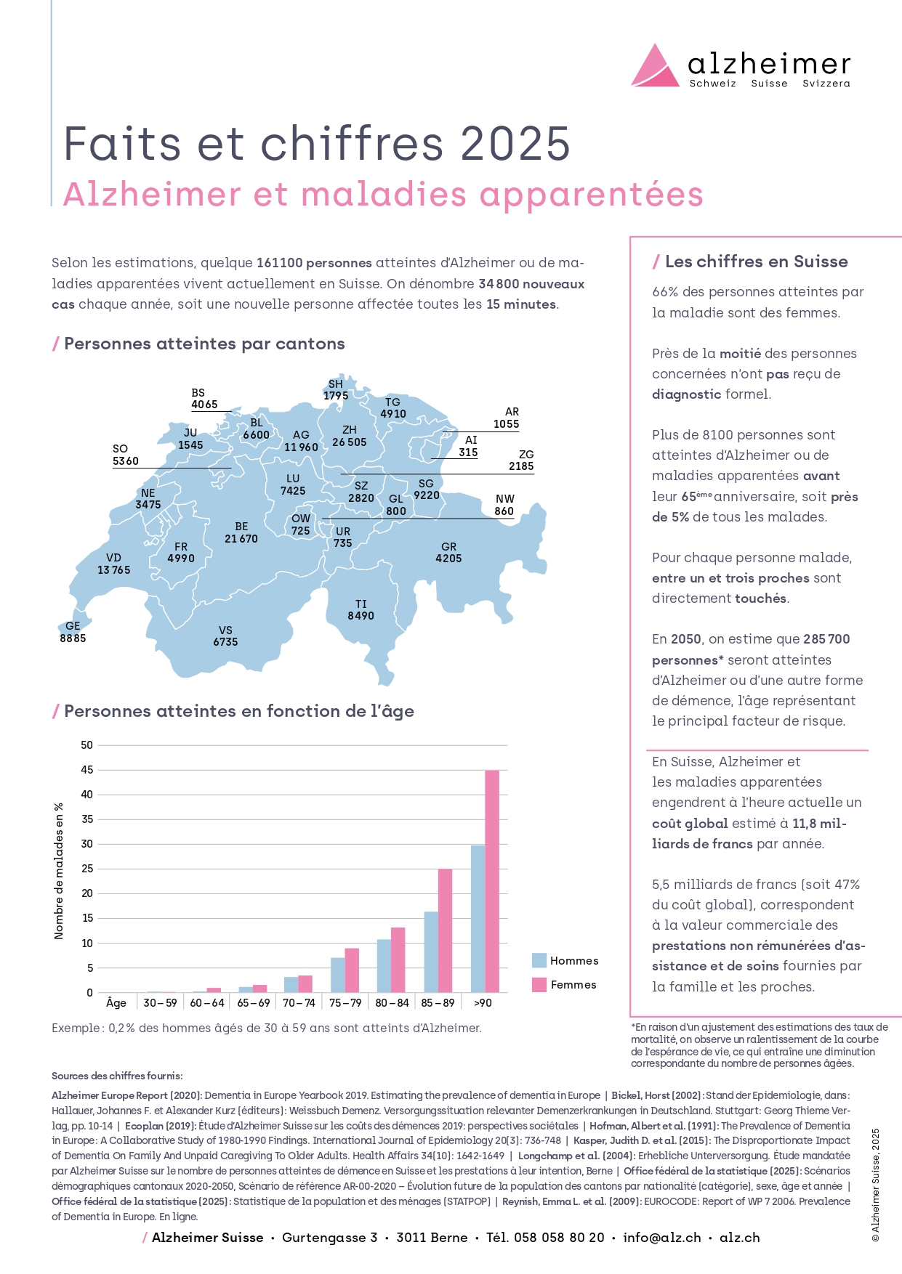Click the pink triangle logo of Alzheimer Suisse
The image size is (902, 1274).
pos(655,68)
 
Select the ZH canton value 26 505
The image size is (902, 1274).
pos(350,442)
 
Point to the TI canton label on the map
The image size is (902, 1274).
pos(361,604)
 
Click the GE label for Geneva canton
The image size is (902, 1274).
pos(73,625)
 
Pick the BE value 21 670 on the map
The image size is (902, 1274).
pos(241,539)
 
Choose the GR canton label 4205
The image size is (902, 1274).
pos(448,553)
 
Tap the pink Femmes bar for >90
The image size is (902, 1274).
pos(492,881)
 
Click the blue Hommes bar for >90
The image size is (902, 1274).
pos(478,919)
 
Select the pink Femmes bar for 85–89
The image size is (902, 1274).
pos(445,930)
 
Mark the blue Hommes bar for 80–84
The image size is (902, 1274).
pos(384,966)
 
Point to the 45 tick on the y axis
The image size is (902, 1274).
pos(87,770)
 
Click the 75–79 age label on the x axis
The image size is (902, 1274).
pos(345,1003)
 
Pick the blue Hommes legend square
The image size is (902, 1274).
pos(539,960)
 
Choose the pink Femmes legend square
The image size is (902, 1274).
pos(539,984)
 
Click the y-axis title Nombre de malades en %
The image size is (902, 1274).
pos(59,871)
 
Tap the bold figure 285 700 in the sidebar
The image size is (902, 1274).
pos(826,639)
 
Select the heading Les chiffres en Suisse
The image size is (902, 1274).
pos(756,261)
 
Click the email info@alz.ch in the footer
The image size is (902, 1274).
pos(662,1238)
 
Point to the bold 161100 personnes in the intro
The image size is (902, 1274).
pos(314,263)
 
